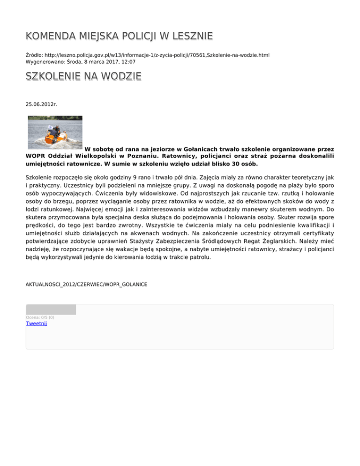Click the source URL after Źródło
point(158,55)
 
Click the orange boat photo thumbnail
point(55,133)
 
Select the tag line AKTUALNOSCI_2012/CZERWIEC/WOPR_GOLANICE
point(86,285)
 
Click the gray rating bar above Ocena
point(51,309)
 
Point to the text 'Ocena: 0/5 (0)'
point(40,317)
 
